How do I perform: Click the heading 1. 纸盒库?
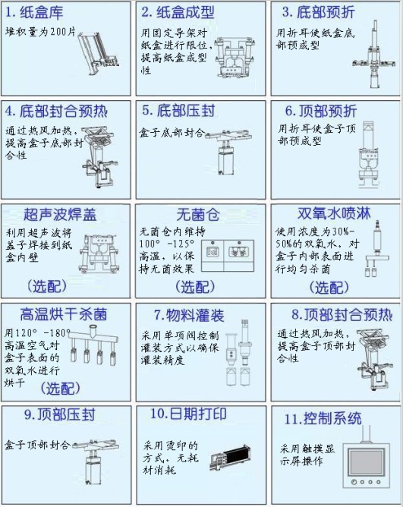[34, 13]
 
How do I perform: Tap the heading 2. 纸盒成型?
[178, 12]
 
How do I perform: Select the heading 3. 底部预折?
[318, 12]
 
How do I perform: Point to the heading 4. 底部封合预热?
[56, 111]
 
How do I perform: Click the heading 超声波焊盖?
[60, 214]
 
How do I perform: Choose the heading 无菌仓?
[198, 214]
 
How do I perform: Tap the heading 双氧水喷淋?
[334, 214]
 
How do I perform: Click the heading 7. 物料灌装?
[189, 316]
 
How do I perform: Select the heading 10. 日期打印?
[188, 414]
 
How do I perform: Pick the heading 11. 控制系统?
[323, 419]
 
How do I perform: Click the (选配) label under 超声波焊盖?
[47, 286]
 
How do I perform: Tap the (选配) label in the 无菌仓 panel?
[195, 287]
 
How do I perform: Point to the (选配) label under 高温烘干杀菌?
[61, 389]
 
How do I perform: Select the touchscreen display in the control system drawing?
[366, 463]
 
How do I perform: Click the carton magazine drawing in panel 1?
[99, 53]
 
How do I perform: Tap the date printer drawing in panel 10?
[230, 457]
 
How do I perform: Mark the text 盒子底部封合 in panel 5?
[172, 133]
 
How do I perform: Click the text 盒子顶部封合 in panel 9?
[37, 445]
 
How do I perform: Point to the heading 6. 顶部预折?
[320, 111]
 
